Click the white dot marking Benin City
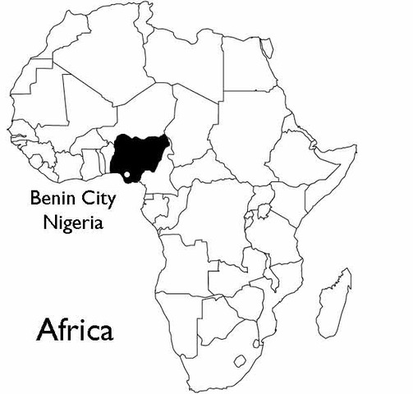128,174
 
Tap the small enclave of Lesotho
241,360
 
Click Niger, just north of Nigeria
144,115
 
